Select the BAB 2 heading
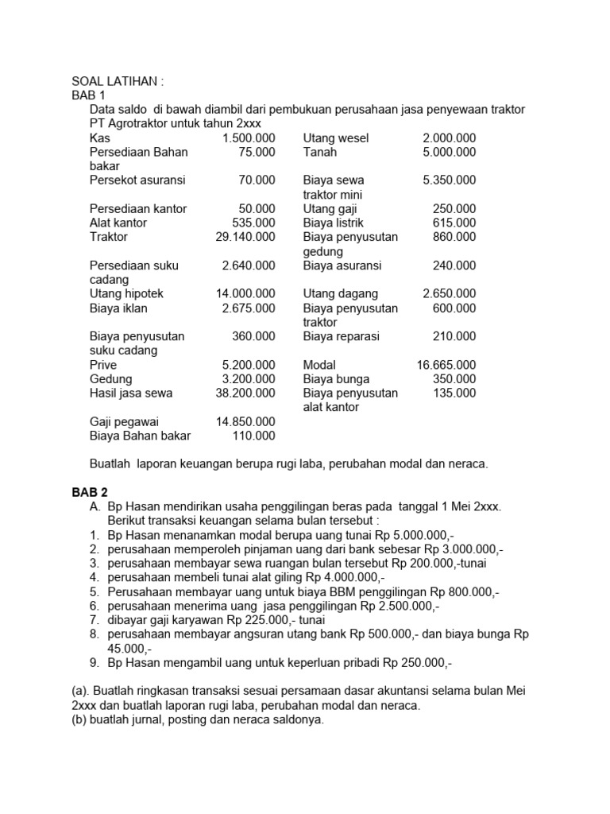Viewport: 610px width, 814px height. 89,493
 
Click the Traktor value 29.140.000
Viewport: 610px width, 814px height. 245,237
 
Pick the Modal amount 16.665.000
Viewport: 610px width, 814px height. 446,365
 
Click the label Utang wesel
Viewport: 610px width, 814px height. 336,138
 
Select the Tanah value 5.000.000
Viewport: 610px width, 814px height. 450,152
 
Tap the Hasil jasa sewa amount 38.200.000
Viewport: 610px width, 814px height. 245,393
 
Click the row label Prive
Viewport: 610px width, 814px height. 103,365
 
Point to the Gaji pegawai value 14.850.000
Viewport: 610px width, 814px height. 245,421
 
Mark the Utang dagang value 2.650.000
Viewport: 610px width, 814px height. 450,294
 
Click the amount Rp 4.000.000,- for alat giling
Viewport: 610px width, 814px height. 347,578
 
